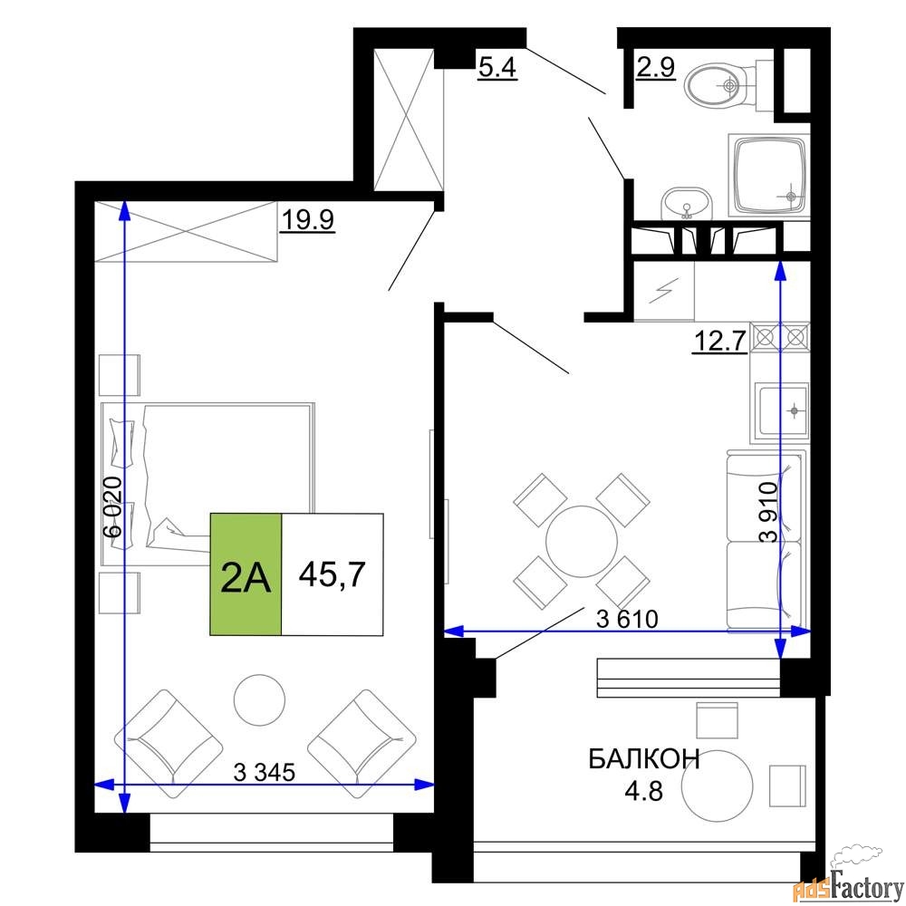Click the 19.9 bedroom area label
(307, 219)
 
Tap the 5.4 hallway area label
(497, 68)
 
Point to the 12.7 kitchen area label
(720, 341)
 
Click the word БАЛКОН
(644, 758)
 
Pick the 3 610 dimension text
(627, 620)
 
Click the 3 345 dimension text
(264, 772)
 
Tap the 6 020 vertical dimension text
(112, 506)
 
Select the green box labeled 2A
(246, 574)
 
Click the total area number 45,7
(333, 574)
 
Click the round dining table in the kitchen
(582, 542)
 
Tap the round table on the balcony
(717, 786)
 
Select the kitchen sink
(780, 412)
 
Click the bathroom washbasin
(687, 203)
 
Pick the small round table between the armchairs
(259, 699)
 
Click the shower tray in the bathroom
(769, 175)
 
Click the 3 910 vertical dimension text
(769, 512)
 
